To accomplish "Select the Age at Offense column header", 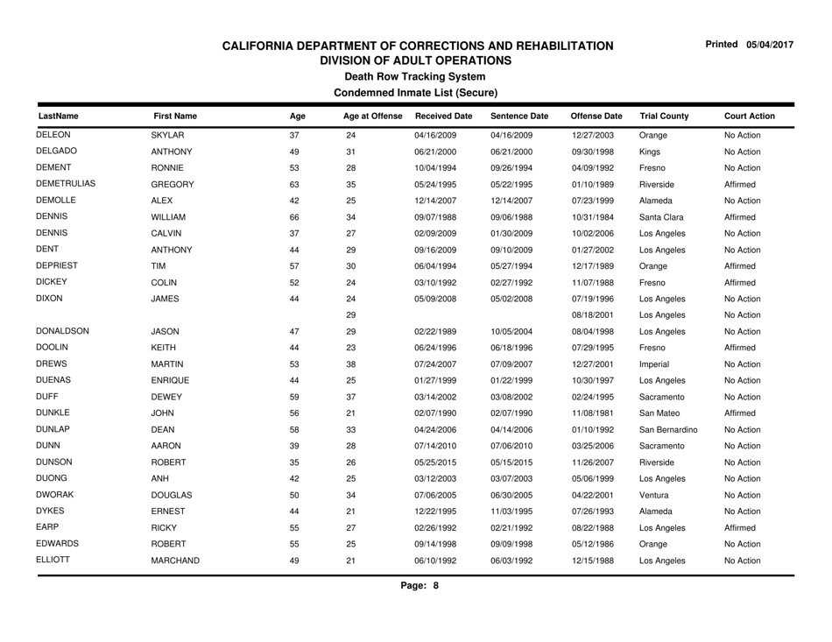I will (x=371, y=115).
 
